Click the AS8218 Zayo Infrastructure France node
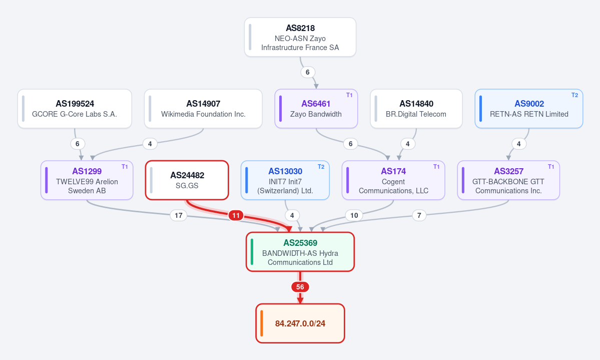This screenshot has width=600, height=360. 300,37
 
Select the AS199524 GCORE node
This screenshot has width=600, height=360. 75,109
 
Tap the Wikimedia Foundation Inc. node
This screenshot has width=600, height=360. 203,109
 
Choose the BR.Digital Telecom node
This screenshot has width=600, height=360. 416,109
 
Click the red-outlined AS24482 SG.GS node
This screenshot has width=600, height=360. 187,180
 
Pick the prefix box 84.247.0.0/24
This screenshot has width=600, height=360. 300,323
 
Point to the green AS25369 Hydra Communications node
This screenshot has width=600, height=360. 300,252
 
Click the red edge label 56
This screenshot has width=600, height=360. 300,287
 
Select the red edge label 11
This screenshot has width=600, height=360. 236,216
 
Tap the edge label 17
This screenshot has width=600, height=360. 178,215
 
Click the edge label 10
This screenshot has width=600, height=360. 354,215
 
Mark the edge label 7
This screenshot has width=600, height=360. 419,215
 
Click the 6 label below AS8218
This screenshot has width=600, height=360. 308,72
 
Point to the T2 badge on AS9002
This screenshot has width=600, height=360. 575,95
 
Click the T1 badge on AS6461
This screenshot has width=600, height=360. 349,95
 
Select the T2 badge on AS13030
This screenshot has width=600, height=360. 321,167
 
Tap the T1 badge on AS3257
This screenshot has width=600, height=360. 551,167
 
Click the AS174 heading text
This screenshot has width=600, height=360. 393,171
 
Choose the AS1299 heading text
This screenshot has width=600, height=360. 87,171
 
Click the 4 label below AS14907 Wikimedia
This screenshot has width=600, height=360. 150,144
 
